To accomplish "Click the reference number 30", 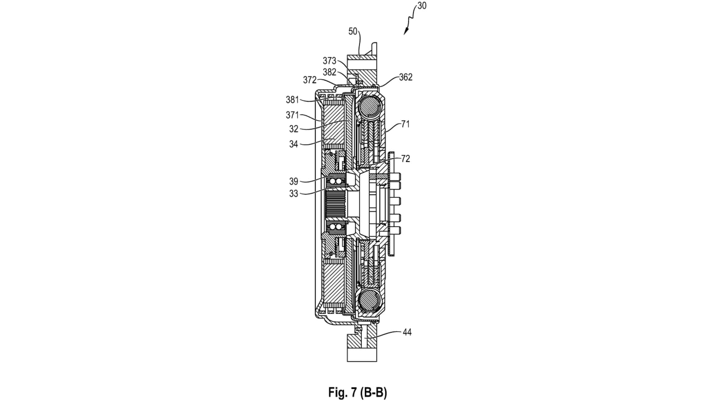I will pyautogui.click(x=422, y=6).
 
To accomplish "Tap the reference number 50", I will pyautogui.click(x=353, y=32).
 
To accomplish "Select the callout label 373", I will pyautogui.click(x=329, y=61).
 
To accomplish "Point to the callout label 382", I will pyautogui.click(x=329, y=72).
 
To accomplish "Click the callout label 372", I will pyautogui.click(x=310, y=80).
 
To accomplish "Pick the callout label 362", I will pyautogui.click(x=406, y=77).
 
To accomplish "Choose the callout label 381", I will pyautogui.click(x=292, y=100).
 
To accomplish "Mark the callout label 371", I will pyautogui.click(x=292, y=115).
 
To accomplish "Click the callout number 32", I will pyautogui.click(x=294, y=129).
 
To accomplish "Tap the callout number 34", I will pyautogui.click(x=294, y=144).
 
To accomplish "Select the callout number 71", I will pyautogui.click(x=405, y=124).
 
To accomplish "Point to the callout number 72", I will pyautogui.click(x=405, y=159).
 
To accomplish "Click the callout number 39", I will pyautogui.click(x=294, y=182).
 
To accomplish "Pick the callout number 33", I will pyautogui.click(x=294, y=194).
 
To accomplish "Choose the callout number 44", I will pyautogui.click(x=407, y=332).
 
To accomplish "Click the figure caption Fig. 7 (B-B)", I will pyautogui.click(x=357, y=392).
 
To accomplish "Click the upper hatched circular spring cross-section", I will pyautogui.click(x=369, y=107).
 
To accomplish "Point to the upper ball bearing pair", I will pyautogui.click(x=77, y=182).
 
